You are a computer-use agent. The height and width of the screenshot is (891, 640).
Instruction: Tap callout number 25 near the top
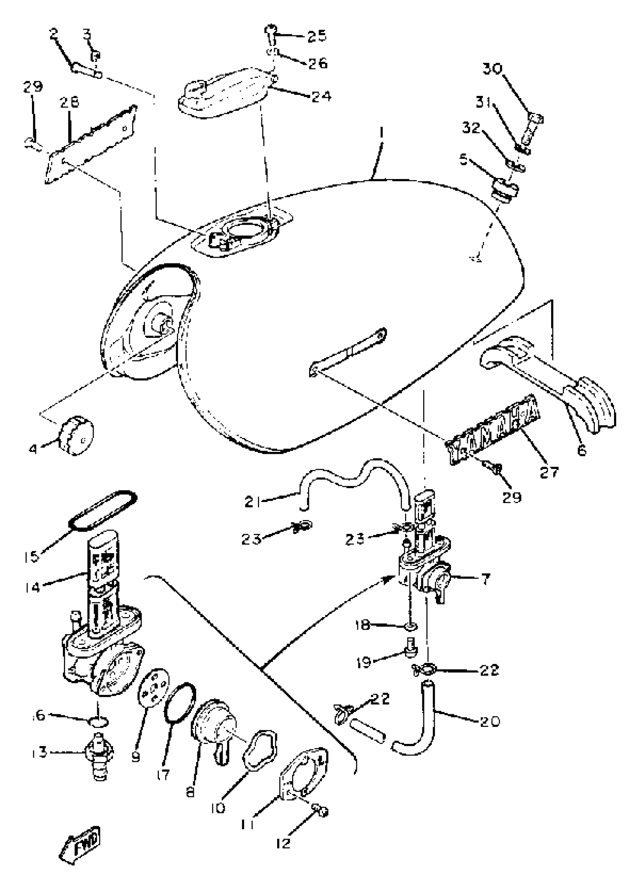tap(317, 36)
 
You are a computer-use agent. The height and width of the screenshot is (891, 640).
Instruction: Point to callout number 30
tap(492, 69)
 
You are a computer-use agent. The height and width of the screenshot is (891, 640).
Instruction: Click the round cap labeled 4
tap(76, 435)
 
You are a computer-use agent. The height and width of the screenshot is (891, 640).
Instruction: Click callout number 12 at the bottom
tap(283, 842)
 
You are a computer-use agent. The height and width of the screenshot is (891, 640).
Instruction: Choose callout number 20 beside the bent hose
tap(489, 721)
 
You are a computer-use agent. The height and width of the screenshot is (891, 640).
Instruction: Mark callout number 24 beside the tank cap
tap(321, 96)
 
